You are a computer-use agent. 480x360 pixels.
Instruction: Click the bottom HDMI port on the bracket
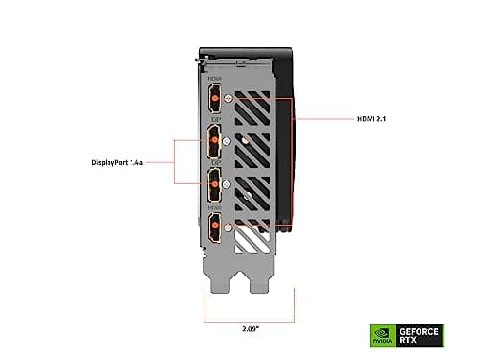tap(214, 227)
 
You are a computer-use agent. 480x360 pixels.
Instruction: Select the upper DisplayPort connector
tap(213, 141)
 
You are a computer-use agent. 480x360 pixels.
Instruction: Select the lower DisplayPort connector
tap(213, 184)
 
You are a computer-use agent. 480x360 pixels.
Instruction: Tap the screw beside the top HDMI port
tap(228, 98)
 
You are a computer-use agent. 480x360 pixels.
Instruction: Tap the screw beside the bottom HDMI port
tap(228, 228)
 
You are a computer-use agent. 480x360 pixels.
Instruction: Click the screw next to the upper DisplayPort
tap(227, 141)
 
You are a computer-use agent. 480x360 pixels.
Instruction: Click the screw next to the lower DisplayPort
tap(227, 183)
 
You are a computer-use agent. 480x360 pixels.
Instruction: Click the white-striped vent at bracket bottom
tap(255, 230)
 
